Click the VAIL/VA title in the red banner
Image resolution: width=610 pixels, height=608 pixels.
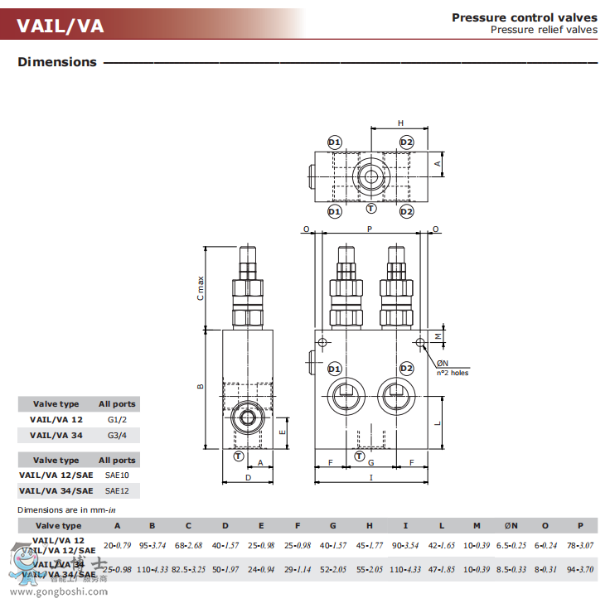(x=61, y=25)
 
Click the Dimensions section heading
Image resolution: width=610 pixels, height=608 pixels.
(x=57, y=62)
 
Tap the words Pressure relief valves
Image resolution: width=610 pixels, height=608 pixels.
(x=543, y=30)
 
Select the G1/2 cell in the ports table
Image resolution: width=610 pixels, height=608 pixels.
(x=117, y=420)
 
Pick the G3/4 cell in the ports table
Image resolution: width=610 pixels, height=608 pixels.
(x=117, y=435)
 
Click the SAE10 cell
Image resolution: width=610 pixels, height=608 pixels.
(x=117, y=475)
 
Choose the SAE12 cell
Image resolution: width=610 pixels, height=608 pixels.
(x=117, y=490)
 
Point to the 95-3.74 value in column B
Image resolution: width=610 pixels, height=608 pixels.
(x=152, y=545)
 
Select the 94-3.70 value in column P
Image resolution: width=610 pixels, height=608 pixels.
(x=581, y=570)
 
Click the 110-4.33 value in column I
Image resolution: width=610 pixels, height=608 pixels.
(x=406, y=570)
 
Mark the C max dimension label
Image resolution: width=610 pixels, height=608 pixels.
(x=201, y=287)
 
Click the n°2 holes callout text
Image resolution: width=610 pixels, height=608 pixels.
(x=453, y=373)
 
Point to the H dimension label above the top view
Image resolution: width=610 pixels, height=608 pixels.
(x=400, y=123)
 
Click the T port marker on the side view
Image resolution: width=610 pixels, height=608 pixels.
(x=239, y=456)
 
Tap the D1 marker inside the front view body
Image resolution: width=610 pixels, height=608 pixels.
(x=335, y=368)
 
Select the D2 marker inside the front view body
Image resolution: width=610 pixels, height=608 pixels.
(x=406, y=368)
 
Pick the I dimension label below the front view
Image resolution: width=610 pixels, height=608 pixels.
(x=370, y=477)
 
